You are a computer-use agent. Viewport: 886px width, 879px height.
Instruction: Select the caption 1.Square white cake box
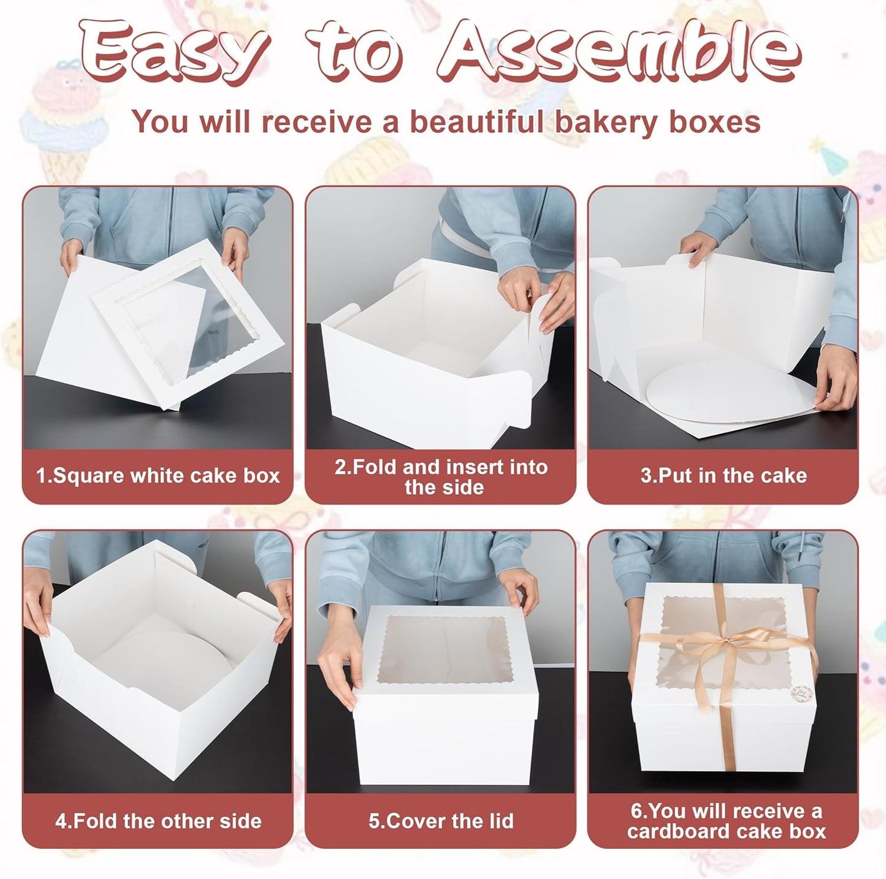click(x=158, y=476)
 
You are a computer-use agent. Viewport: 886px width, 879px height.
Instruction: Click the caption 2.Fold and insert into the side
click(x=441, y=477)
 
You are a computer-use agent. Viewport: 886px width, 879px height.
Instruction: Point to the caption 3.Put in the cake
click(x=724, y=476)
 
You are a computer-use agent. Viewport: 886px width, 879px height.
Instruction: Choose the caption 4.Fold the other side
click(x=158, y=821)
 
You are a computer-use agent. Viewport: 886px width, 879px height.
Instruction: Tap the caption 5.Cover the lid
click(x=441, y=821)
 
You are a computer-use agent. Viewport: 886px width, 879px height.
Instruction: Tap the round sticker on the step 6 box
click(x=802, y=694)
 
